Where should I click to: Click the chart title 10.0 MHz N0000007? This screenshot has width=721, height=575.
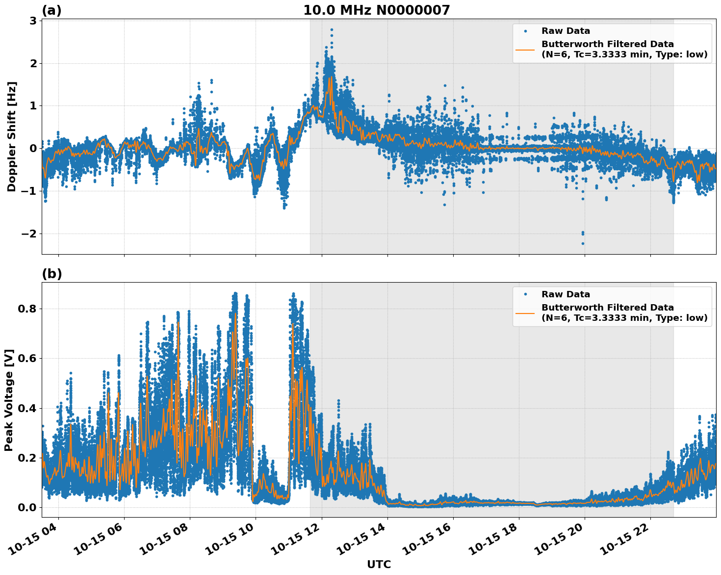[x=376, y=10]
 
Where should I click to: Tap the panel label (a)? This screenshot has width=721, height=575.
[x=51, y=10]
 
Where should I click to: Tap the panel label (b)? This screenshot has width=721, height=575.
[x=51, y=274]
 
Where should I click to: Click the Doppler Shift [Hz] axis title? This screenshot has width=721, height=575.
[x=12, y=136]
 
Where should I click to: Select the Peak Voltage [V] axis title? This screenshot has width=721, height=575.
[x=9, y=400]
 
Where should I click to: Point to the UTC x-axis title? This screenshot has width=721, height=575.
[x=379, y=564]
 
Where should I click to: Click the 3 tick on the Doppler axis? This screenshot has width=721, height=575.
[x=32, y=21]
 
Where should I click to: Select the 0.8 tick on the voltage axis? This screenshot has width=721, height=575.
[x=27, y=309]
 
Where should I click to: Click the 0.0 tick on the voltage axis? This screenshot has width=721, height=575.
[x=27, y=507]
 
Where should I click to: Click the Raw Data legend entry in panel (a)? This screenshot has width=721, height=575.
[x=566, y=31]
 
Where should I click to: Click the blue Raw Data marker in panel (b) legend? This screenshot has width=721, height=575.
[x=525, y=294]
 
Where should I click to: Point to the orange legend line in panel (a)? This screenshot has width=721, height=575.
[x=525, y=49]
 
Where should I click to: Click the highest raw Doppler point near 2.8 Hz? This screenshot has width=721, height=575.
[x=332, y=29]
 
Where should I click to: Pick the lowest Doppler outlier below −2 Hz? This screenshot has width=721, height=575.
[x=583, y=243]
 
